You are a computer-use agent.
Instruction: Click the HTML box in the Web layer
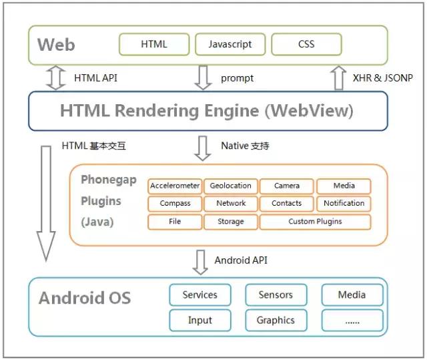coord(154,45)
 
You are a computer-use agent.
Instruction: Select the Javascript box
coord(230,45)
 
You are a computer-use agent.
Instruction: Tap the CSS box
coord(306,45)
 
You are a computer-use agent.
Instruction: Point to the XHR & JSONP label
coord(382,78)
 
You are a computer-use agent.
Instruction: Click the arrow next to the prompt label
coord(203,77)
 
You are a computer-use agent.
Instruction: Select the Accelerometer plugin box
coord(175,186)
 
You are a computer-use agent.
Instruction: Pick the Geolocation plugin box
coord(231,186)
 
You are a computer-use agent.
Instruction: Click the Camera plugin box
coord(287,186)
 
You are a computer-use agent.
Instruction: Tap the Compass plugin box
coord(175,204)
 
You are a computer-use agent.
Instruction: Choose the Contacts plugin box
coord(287,204)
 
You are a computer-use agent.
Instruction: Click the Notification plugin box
coord(344,204)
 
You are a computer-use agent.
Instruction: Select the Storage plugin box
coord(231,222)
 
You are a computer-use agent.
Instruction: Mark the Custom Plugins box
coord(315,222)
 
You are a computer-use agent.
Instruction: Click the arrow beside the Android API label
coord(200,262)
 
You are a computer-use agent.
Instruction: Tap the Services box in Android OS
coord(200,295)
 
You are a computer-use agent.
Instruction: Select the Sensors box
coord(276,295)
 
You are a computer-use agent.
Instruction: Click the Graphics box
coord(276,321)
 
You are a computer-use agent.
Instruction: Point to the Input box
coord(200,321)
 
